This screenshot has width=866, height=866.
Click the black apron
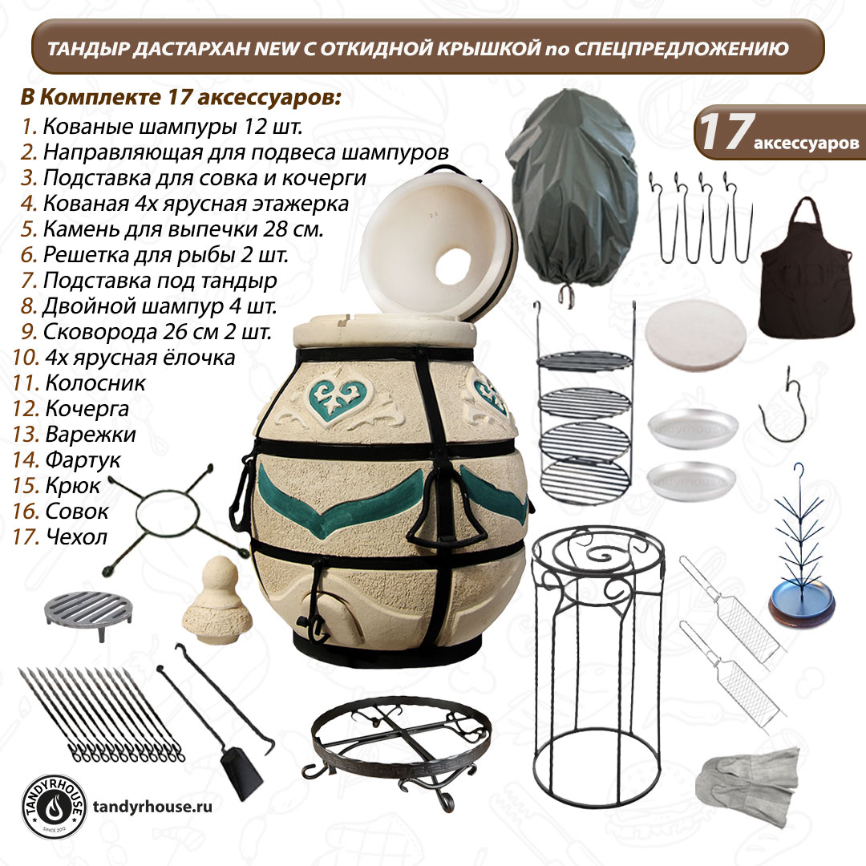coord(807,276)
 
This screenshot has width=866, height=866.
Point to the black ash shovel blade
coord(242,773)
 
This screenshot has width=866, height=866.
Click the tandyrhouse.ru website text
coord(152,807)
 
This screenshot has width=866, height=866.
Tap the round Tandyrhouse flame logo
coord(54,807)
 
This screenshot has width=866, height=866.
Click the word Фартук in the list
coord(83,460)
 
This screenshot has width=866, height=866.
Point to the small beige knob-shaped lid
coord(217,601)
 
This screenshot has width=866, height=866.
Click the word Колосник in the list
coord(95,382)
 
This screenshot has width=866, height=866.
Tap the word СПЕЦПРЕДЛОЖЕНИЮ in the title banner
coord(682,49)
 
